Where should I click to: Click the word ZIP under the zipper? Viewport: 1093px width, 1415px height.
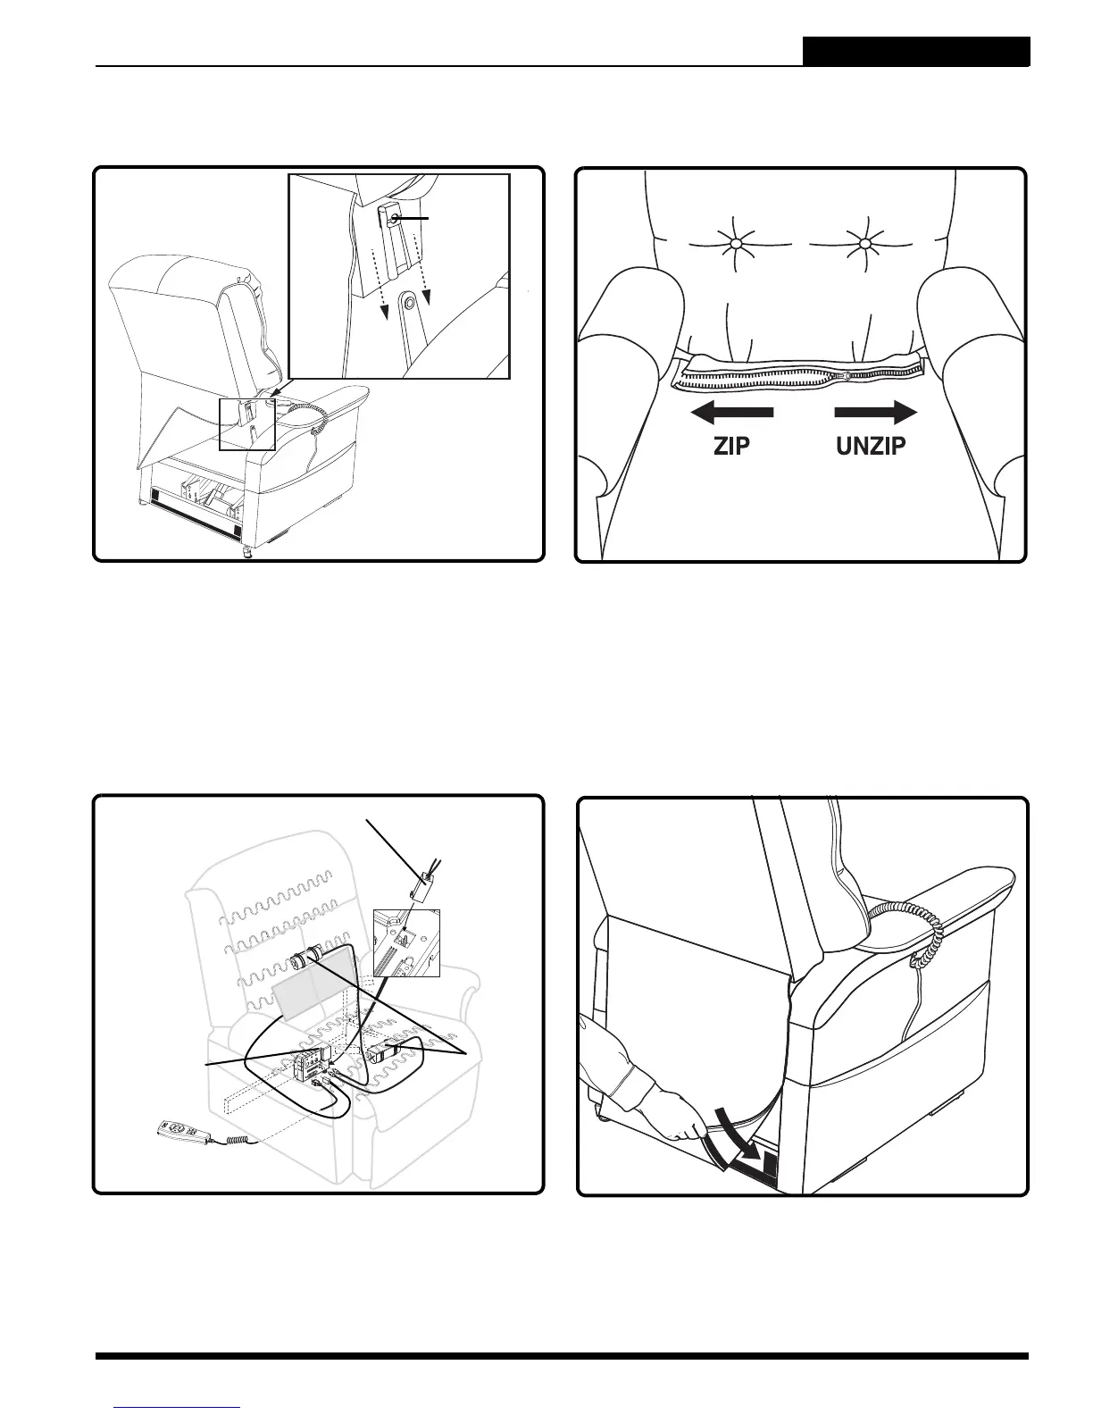(732, 446)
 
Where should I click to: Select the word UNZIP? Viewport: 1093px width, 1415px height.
(871, 446)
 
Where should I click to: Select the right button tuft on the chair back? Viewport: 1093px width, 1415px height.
(864, 244)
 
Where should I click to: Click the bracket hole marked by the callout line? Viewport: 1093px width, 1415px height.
(395, 217)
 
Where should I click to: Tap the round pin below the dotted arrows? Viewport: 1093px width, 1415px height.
(409, 304)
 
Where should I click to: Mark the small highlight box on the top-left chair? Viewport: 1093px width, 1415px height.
(247, 424)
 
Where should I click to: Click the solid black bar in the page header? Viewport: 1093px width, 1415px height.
(915, 51)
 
